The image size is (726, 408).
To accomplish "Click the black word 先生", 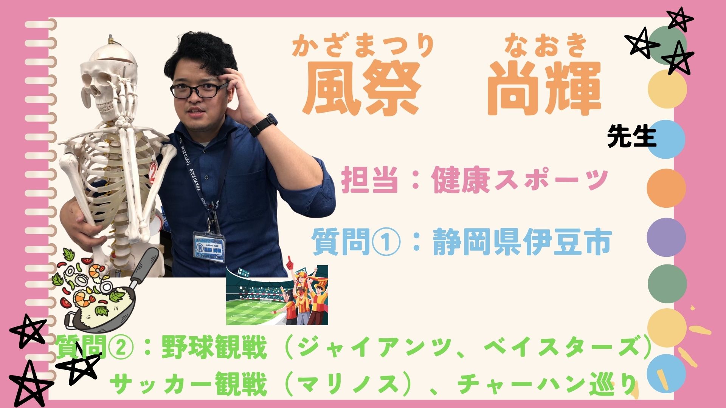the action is [x=631, y=136].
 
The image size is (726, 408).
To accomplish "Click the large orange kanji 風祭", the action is [x=362, y=88].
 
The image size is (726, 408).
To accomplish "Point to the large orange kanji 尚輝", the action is [x=544, y=88].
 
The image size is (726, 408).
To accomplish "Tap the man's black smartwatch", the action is [x=264, y=125].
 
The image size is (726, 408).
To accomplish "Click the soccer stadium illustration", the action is [x=277, y=295].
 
